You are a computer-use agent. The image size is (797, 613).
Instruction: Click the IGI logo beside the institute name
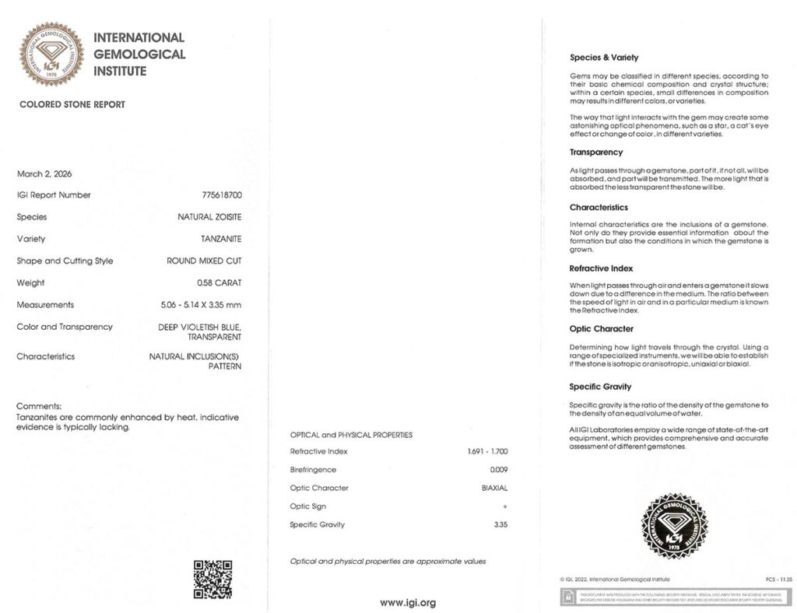[52, 54]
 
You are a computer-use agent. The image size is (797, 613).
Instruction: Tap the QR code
[212, 579]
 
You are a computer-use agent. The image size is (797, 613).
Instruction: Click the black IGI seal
[674, 526]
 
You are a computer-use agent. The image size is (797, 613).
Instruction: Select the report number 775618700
[222, 195]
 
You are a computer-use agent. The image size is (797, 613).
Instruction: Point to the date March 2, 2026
[44, 173]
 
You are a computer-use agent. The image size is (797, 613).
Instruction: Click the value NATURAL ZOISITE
[209, 217]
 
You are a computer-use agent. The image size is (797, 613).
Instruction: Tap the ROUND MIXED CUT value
[204, 261]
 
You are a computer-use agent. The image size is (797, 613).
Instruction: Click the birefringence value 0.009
[498, 470]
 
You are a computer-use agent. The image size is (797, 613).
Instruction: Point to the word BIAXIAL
[494, 488]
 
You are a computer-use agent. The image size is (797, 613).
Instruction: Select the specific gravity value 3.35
[500, 524]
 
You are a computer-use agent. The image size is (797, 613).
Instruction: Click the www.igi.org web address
[407, 602]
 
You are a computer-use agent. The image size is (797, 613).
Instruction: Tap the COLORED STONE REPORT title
[72, 104]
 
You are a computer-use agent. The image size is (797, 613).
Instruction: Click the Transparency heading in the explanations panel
[596, 152]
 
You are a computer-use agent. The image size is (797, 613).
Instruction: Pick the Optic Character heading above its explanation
[601, 329]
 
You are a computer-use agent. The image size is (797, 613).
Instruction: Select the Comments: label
[38, 406]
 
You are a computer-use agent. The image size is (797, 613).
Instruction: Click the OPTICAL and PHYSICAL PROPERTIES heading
[351, 435]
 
